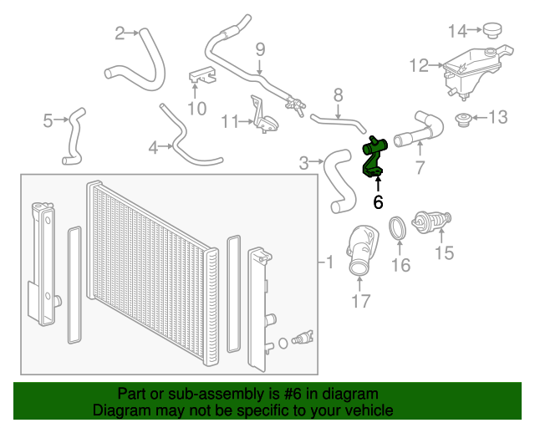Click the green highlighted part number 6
[x=373, y=159]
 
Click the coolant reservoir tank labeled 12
[x=470, y=67]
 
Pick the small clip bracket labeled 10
[x=200, y=74]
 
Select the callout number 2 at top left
[x=120, y=33]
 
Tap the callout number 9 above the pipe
[x=259, y=49]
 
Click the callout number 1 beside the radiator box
[x=329, y=263]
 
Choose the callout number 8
[x=338, y=94]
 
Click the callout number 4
[x=153, y=148]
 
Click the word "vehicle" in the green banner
[x=365, y=410]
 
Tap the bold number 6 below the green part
[x=378, y=201]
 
